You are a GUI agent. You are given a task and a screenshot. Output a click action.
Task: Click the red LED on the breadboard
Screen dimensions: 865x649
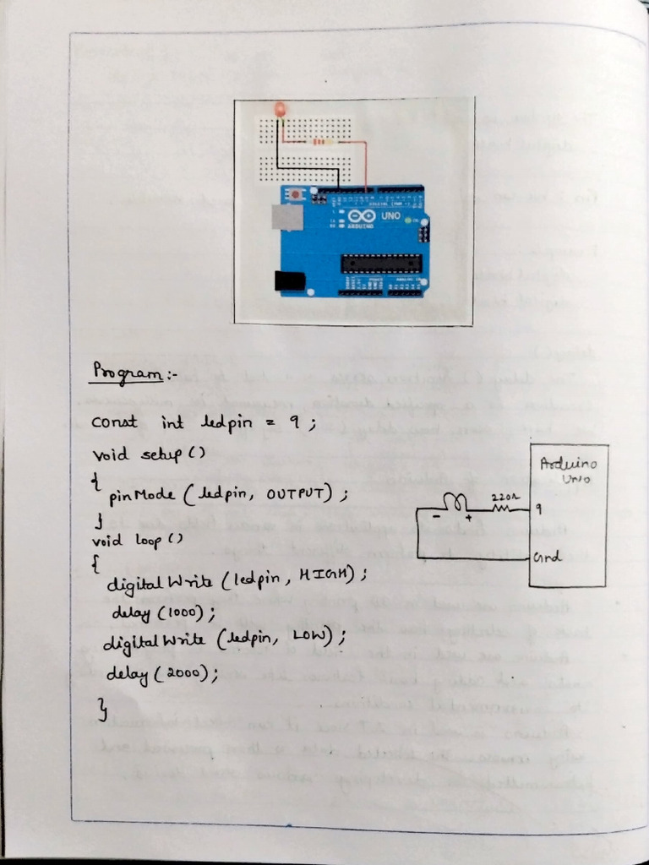pos(280,109)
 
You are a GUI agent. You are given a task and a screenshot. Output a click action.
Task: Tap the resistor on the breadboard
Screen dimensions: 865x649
pos(319,142)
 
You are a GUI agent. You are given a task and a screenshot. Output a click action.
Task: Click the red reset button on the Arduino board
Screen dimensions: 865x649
pos(296,195)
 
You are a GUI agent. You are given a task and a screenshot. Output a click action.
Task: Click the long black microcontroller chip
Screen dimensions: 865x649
pos(379,263)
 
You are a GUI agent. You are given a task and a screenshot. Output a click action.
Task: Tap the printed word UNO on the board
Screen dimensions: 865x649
pos(391,216)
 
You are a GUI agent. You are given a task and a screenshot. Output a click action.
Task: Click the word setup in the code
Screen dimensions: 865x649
pos(157,454)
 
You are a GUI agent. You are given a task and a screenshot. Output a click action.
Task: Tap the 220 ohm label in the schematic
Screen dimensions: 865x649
pos(501,498)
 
